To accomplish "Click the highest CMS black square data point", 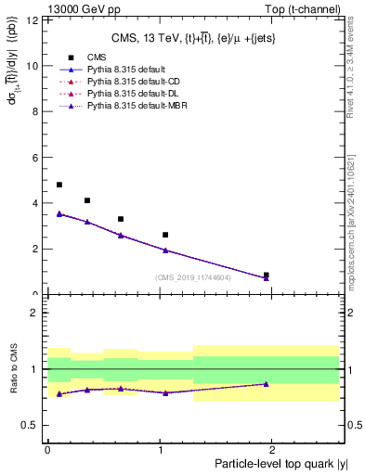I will click(59, 185).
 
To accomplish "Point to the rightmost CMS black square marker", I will click(267, 275).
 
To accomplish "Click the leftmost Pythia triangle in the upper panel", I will click(59, 213).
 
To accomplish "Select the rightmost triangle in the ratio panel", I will click(267, 383).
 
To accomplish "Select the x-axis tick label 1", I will click(162, 449).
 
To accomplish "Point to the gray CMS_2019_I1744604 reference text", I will click(193, 277).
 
